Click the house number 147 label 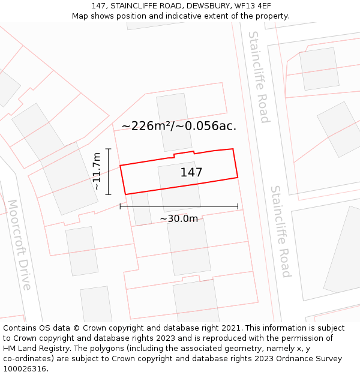191,173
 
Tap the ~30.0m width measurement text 179,219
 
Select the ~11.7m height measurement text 97,172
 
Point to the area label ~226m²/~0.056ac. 179,126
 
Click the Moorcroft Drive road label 18,245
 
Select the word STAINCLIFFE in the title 133,5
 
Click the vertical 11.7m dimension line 108,172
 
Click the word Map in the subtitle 80,16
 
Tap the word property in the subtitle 271,16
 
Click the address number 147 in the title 100,5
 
